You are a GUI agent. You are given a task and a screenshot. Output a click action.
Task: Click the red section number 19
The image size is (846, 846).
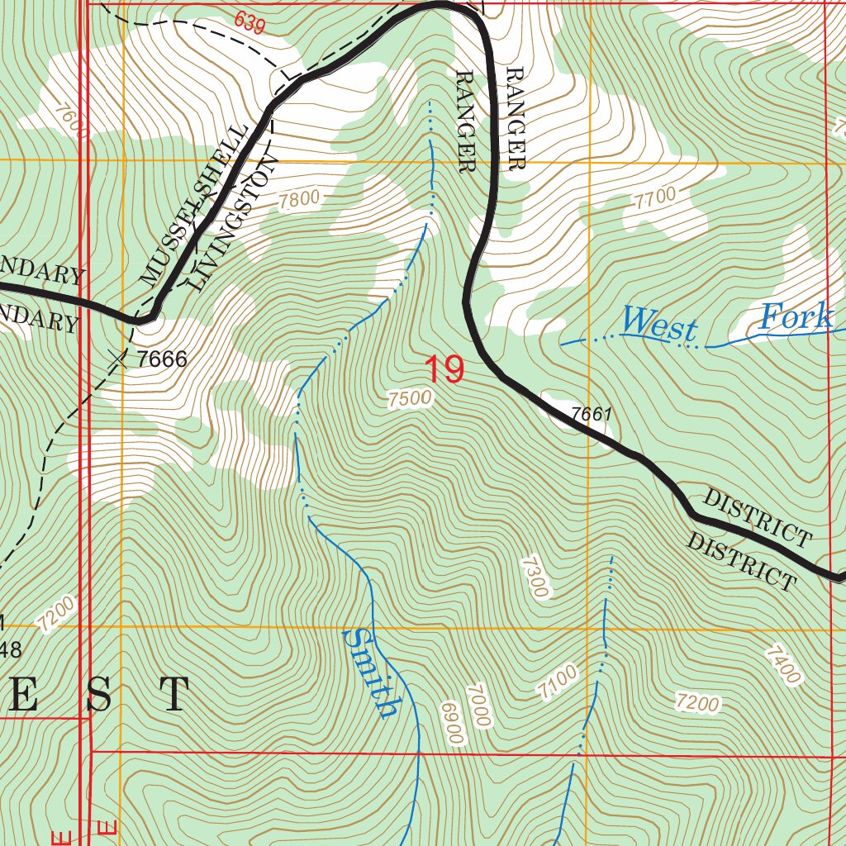pos(444,369)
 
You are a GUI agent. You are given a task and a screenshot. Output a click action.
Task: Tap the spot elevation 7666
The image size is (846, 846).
pos(163,359)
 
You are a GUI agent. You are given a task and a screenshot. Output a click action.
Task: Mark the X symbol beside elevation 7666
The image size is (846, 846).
pos(119,359)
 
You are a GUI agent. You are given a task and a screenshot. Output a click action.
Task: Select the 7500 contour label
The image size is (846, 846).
pos(410,399)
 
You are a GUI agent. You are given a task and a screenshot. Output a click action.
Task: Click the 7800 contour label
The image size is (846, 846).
pos(298,199)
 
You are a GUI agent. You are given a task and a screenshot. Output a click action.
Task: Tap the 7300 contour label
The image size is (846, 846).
pos(535,577)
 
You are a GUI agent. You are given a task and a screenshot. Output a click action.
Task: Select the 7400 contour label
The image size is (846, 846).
pos(782,665)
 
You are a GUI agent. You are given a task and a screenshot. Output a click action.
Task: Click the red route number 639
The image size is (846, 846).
pos(250,23)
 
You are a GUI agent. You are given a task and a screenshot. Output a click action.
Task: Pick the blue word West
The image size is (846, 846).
pos(659,325)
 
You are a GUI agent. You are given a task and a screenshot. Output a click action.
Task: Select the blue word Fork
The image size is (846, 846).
pos(796,316)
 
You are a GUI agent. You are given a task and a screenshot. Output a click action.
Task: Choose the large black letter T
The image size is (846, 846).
pos(174,695)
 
